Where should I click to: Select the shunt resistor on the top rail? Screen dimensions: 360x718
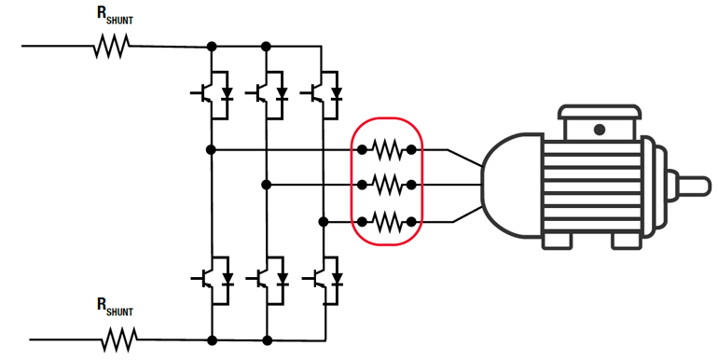point(111,46)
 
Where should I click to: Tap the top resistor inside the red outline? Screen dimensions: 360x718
point(387,149)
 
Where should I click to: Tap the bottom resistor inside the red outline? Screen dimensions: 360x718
point(387,222)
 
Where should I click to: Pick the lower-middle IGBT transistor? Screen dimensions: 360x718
point(268,278)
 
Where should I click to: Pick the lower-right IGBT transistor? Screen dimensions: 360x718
point(324,278)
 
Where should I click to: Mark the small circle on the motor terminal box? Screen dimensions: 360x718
point(599,129)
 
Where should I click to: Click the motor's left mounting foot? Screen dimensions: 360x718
point(558,240)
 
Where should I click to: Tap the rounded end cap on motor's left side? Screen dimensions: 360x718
point(508,182)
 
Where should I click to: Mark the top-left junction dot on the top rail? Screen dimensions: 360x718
point(212,46)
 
